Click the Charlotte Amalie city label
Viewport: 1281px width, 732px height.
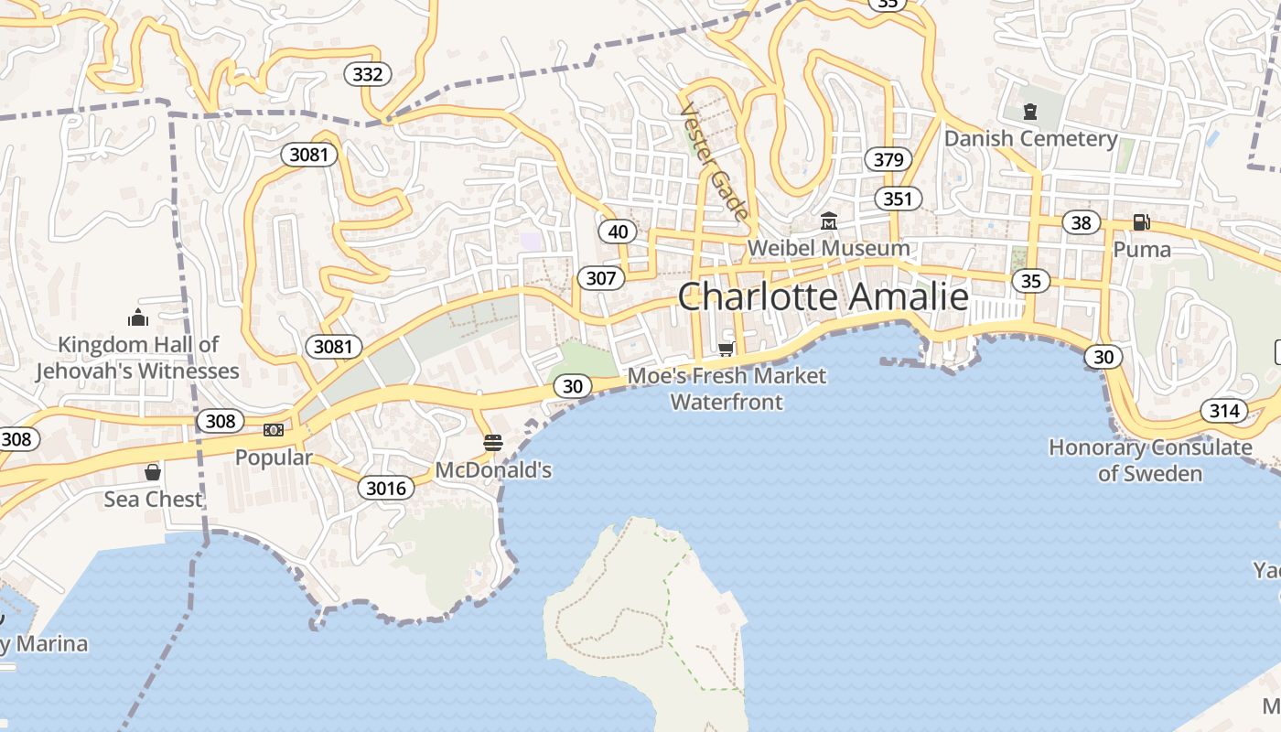pos(823,297)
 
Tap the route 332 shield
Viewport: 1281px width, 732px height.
pos(368,74)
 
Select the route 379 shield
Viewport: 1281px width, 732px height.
pos(888,160)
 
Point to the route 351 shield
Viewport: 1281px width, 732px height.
pos(898,199)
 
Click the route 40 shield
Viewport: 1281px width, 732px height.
pos(619,231)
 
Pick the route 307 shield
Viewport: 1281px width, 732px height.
pos(601,278)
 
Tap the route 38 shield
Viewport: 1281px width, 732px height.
pos(1081,222)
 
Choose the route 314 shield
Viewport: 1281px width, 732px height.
pos(1224,411)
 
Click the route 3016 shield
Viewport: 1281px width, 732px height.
pos(385,488)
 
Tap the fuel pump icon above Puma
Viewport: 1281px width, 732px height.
pos(1141,221)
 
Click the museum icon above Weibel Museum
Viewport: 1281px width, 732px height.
pos(829,221)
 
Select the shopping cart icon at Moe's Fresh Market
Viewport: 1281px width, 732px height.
pos(727,349)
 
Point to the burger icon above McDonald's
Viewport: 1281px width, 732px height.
pos(493,443)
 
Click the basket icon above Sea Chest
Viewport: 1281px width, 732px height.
pos(153,472)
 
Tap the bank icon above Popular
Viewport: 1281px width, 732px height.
pos(274,430)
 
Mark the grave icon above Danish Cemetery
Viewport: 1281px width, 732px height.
pos(1030,112)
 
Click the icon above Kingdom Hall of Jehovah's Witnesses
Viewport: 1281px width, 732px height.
pos(138,318)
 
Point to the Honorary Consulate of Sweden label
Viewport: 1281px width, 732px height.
pos(1150,460)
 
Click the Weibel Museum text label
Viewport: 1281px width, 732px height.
pos(828,248)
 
